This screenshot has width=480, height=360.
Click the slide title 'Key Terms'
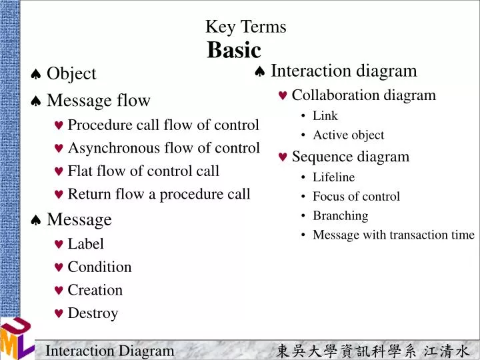pyautogui.click(x=245, y=27)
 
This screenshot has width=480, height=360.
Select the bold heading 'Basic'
pyautogui.click(x=234, y=50)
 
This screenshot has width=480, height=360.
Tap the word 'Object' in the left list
pyautogui.click(x=71, y=73)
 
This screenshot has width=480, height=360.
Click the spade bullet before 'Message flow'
pyautogui.click(x=36, y=101)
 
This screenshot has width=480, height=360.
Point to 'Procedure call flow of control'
pyautogui.click(x=163, y=125)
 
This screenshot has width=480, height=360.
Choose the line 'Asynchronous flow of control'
pyautogui.click(x=163, y=148)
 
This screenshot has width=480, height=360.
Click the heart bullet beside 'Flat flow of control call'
pyautogui.click(x=59, y=172)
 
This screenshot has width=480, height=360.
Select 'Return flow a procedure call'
pyautogui.click(x=159, y=194)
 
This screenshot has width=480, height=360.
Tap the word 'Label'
pyautogui.click(x=85, y=244)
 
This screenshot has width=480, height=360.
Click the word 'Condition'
pyautogui.click(x=99, y=267)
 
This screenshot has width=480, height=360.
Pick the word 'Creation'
pyautogui.click(x=95, y=290)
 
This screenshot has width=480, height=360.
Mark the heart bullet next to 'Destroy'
pyautogui.click(x=59, y=314)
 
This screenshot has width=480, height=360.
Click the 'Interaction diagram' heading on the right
pyautogui.click(x=343, y=71)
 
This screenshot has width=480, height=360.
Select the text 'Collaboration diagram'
pyautogui.click(x=363, y=95)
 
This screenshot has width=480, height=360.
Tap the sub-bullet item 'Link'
pyautogui.click(x=325, y=116)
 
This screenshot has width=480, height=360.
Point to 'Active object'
pyautogui.click(x=348, y=135)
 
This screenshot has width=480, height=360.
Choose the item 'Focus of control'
pyautogui.click(x=356, y=197)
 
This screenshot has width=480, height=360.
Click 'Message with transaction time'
pyautogui.click(x=393, y=235)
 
